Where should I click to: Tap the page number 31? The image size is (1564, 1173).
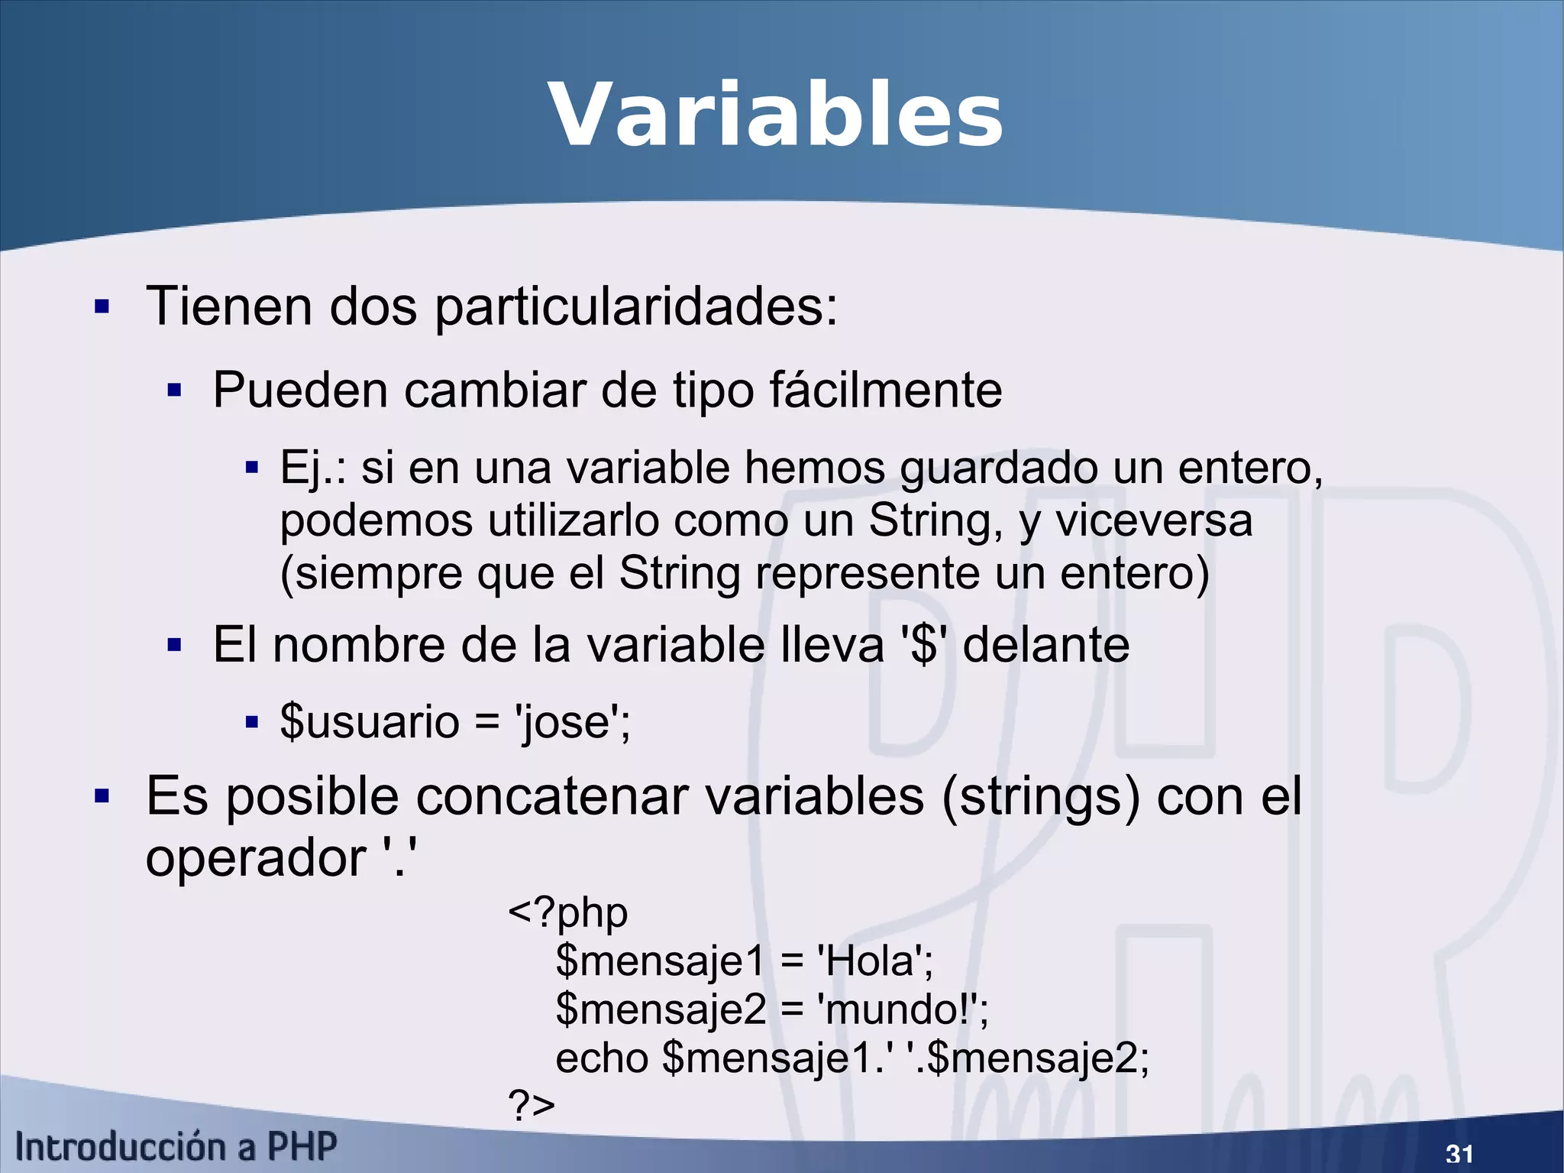click(x=1459, y=1153)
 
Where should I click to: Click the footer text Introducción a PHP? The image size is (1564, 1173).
click(x=176, y=1147)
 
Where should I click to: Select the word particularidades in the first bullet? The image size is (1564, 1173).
click(x=635, y=307)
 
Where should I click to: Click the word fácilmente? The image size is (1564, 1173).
click(x=885, y=390)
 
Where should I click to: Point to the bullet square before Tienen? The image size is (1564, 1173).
click(x=102, y=307)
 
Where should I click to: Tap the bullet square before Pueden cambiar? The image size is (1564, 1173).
click(x=174, y=391)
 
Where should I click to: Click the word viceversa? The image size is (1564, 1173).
click(x=1154, y=521)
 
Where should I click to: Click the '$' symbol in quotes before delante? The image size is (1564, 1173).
click(x=924, y=646)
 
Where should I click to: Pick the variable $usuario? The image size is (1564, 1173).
click(x=369, y=721)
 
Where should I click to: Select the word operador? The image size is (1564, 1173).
click(x=255, y=858)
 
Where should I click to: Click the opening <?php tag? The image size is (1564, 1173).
click(x=567, y=912)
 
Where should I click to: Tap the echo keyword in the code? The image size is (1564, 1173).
click(x=602, y=1058)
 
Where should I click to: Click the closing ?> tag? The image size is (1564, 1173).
click(x=531, y=1105)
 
